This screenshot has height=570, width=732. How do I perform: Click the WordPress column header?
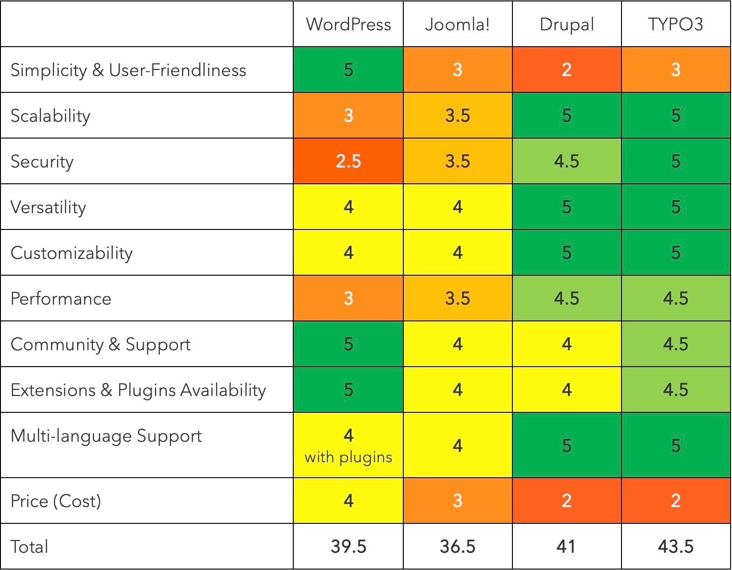348,24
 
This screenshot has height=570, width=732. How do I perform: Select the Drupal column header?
566,24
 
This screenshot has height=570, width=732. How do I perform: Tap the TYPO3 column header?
675,24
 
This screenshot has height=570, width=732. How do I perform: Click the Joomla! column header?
457,24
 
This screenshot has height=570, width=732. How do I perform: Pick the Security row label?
42,161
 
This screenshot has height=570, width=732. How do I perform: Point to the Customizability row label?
71,253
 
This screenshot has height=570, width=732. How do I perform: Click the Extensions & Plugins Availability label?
138,390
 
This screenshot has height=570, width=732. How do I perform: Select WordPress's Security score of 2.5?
348,161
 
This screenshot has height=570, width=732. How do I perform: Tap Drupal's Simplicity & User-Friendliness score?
566,70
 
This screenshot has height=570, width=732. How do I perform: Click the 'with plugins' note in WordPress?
348,457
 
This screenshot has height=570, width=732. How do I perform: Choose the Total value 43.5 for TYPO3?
675,546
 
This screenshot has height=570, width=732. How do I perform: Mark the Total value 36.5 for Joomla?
457,546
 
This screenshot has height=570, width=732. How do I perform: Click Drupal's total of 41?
566,546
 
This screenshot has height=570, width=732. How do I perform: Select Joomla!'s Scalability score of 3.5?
457,116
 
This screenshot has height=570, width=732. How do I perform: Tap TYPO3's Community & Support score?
675,344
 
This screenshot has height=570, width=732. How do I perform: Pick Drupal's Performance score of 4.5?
566,299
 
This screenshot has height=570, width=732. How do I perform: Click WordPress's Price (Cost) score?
348,501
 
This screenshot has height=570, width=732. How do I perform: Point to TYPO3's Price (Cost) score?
675,501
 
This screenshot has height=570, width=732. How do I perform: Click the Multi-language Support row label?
106,436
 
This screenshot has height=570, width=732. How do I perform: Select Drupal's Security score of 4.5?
566,161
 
